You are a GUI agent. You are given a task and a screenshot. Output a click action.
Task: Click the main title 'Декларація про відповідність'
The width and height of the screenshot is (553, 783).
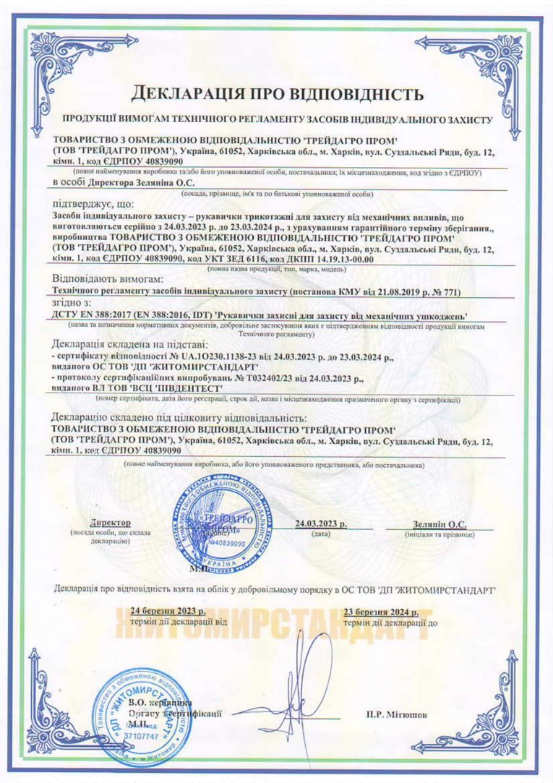coord(276,94)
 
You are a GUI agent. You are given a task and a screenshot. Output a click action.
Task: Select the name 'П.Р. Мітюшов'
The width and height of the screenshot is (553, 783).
coord(396,715)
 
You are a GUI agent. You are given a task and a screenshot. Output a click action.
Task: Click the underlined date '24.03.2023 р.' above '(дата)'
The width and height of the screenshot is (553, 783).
coord(321,523)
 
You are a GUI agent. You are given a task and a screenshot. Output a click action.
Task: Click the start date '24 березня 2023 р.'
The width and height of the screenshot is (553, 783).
coord(163,610)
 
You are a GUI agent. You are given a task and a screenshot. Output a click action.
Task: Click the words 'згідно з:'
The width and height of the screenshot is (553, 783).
coord(72,303)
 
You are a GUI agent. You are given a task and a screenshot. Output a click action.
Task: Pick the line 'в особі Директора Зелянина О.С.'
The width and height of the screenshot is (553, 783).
coord(115,182)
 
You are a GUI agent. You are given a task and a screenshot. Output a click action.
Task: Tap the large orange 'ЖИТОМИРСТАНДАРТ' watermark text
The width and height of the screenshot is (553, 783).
coord(275,628)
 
